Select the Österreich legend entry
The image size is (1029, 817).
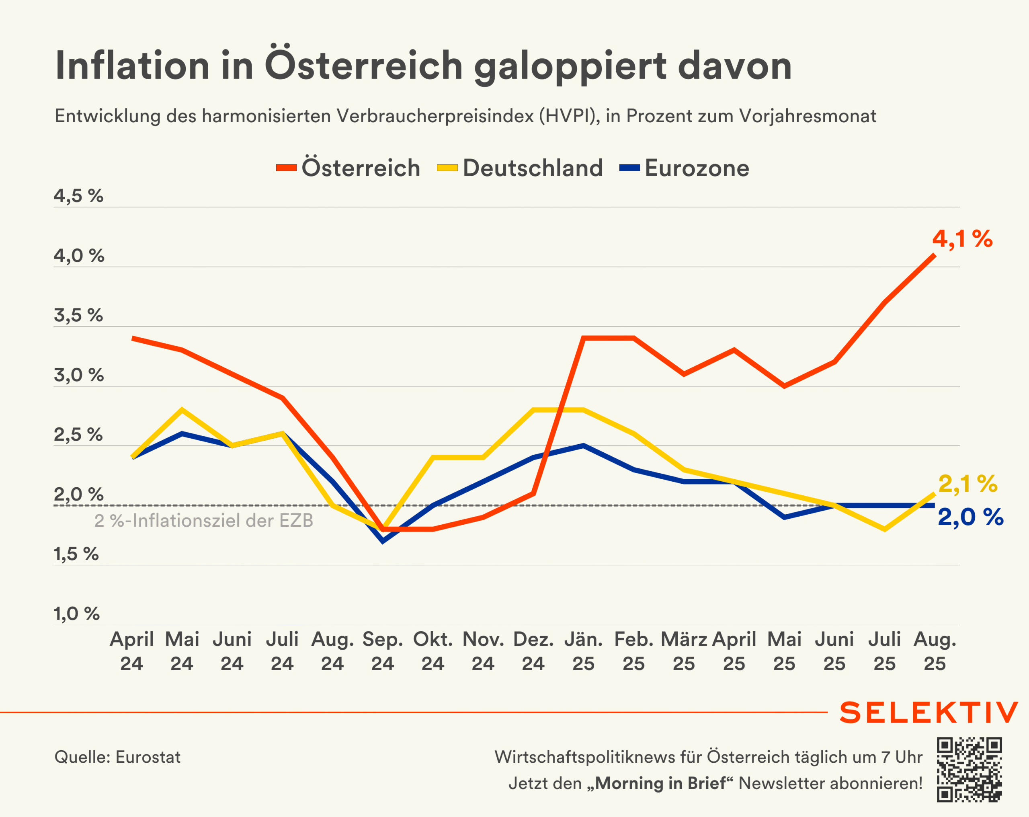tap(348, 168)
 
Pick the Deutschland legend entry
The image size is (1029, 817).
tap(520, 168)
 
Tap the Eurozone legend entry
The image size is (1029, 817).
tap(685, 168)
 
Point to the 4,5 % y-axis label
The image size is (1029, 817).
tap(78, 196)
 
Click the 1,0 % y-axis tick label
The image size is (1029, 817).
tap(76, 614)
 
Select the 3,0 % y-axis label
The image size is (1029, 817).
tap(78, 375)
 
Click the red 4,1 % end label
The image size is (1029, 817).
tap(962, 239)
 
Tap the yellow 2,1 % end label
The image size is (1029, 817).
tap(968, 484)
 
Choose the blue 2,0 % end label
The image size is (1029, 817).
tap(970, 517)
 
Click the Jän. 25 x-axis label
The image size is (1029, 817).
tap(583, 651)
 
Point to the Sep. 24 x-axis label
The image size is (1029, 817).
tap(383, 651)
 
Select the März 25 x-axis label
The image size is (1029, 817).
tap(683, 651)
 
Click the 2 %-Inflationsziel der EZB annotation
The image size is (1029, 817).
tap(204, 520)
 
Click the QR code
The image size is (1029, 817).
tap(969, 770)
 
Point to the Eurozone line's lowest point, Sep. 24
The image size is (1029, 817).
tap(383, 541)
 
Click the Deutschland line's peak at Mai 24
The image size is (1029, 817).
tap(182, 410)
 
